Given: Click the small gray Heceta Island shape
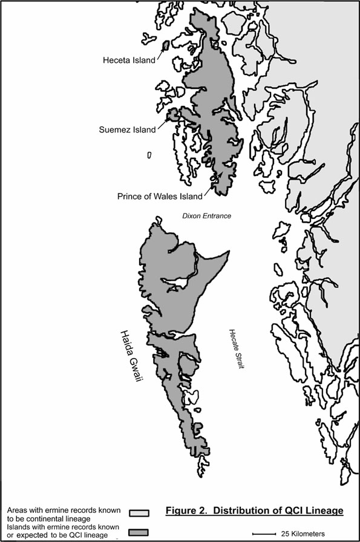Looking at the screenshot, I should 165,45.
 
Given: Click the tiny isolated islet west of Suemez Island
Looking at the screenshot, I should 149,155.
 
